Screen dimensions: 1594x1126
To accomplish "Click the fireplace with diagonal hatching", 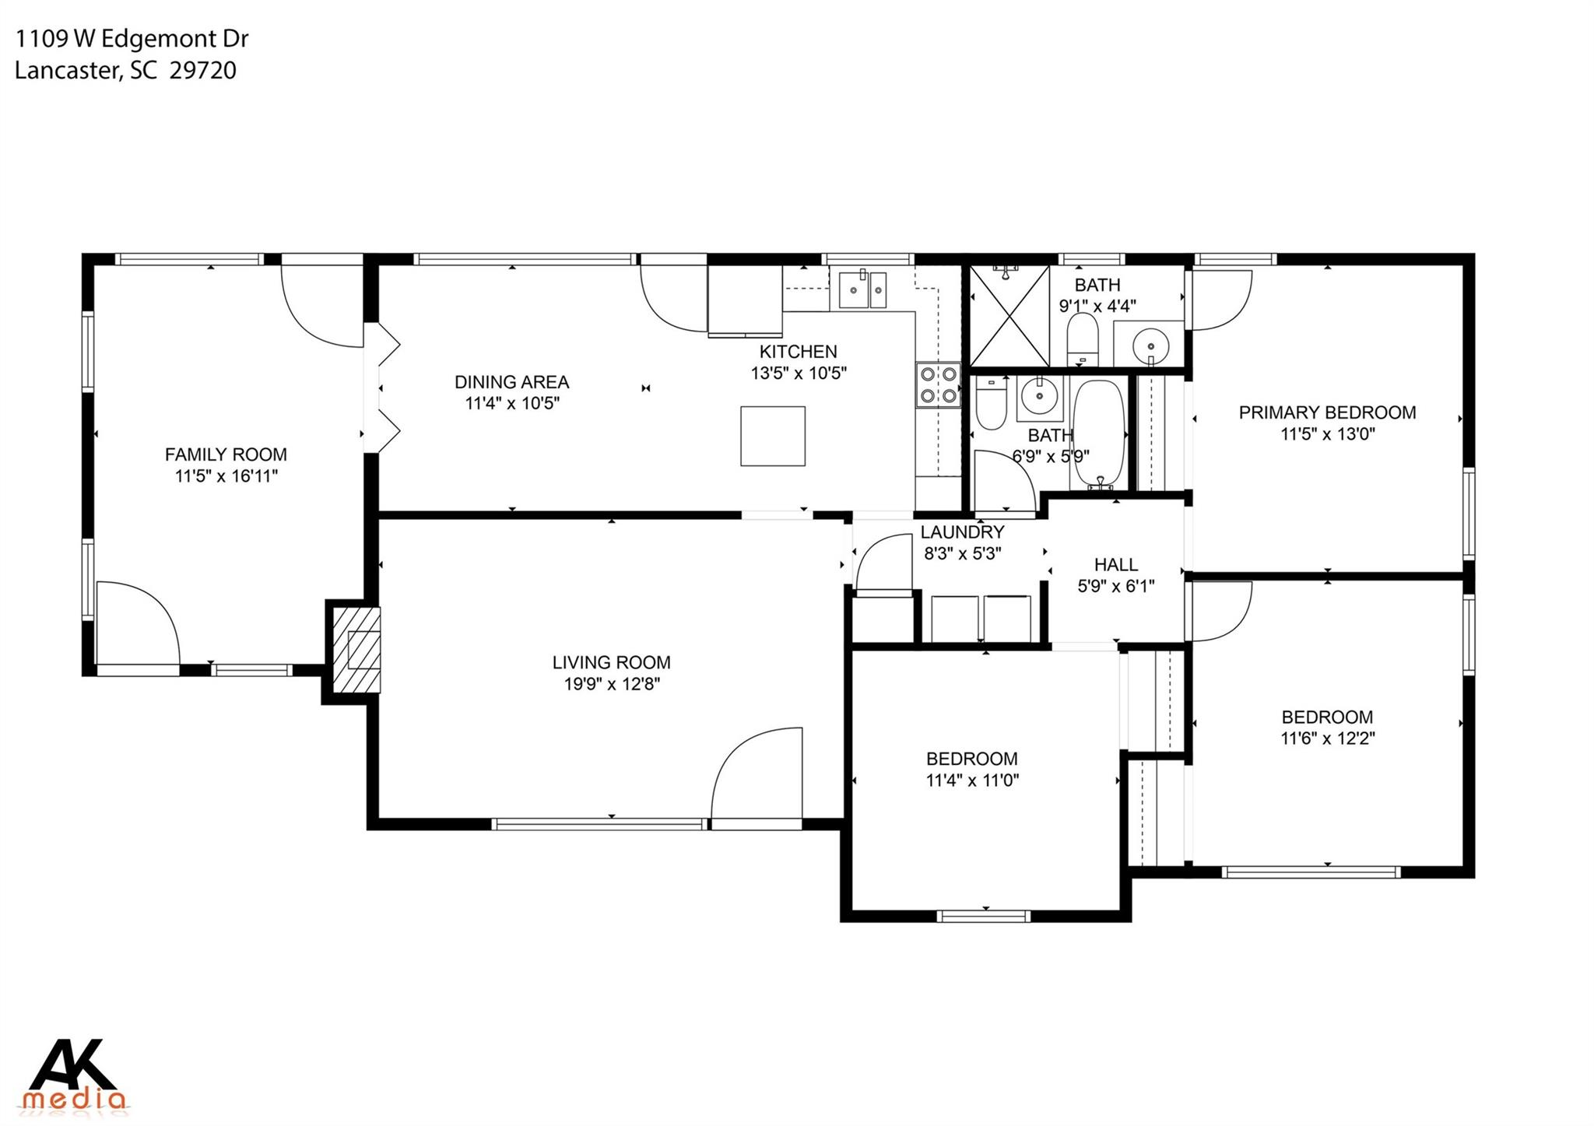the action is click(x=357, y=650).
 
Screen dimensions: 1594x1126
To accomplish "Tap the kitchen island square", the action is click(x=772, y=436).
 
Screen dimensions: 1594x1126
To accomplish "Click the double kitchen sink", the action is click(x=862, y=289).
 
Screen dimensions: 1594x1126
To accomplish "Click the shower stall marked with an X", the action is click(x=1009, y=315).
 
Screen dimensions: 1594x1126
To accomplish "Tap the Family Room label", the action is click(x=226, y=454).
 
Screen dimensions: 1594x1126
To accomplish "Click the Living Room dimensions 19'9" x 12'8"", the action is click(x=612, y=684).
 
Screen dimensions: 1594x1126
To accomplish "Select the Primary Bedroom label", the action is click(x=1327, y=412).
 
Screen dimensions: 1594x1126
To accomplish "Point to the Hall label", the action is click(x=1116, y=565).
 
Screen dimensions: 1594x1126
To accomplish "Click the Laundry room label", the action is click(x=962, y=532).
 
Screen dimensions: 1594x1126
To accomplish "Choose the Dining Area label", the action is click(x=511, y=382).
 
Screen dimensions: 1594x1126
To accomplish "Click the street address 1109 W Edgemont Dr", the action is click(x=132, y=39).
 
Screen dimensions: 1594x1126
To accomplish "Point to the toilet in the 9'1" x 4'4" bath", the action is click(x=1081, y=339).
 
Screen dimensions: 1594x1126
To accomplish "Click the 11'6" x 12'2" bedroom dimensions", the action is click(x=1327, y=738).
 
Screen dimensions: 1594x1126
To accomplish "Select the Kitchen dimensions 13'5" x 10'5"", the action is click(x=799, y=374).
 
